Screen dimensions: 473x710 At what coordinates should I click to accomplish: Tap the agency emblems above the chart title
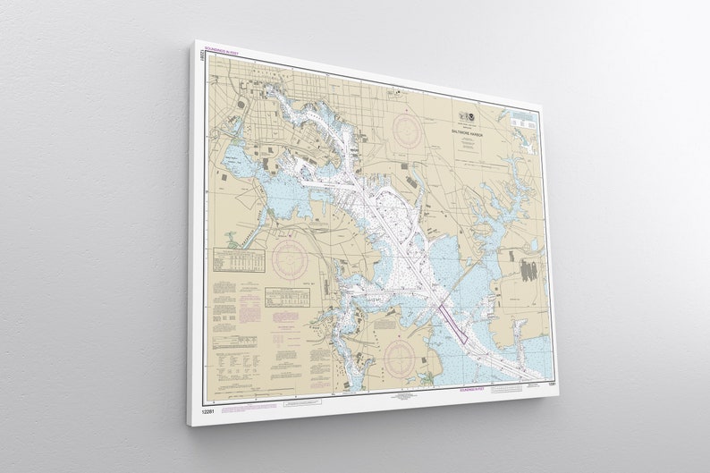click(x=471, y=119)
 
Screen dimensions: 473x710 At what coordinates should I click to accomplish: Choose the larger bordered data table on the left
click(x=242, y=260)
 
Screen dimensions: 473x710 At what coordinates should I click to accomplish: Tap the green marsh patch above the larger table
click(x=233, y=240)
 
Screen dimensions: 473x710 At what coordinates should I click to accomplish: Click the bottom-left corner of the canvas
click(x=190, y=420)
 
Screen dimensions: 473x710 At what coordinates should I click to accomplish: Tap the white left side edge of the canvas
click(x=190, y=232)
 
